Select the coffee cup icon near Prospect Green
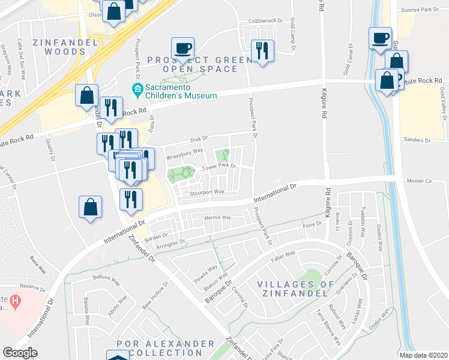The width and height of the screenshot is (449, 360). tap(182, 47)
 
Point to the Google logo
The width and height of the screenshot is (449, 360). tap(20, 353)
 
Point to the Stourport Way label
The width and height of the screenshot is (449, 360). tap(206, 193)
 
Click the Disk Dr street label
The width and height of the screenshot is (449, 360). tap(199, 139)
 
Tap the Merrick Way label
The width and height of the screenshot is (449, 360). tap(218, 218)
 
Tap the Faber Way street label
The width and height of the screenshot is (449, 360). tap(283, 254)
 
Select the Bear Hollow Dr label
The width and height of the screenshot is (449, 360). tap(155, 295)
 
